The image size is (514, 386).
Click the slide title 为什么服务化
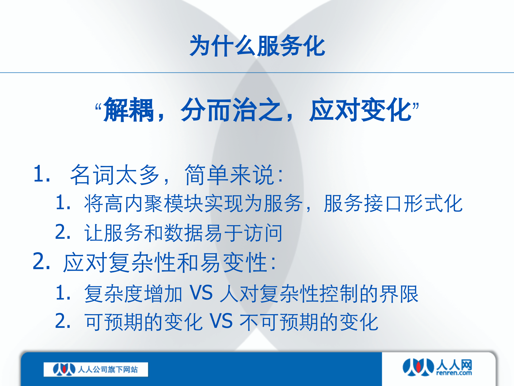pyautogui.click(x=257, y=46)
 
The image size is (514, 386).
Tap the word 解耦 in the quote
pyautogui.click(x=128, y=110)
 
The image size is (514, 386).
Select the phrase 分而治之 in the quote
pyautogui.click(x=232, y=110)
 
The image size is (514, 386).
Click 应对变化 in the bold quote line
pyautogui.click(x=360, y=110)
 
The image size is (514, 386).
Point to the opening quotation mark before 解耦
pyautogui.click(x=98, y=107)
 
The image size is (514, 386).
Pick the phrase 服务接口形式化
pyautogui.click(x=393, y=204)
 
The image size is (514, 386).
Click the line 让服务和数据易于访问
pyautogui.click(x=183, y=233)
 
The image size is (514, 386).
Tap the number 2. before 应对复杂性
pyautogui.click(x=41, y=262)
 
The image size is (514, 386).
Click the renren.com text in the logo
pyautogui.click(x=454, y=373)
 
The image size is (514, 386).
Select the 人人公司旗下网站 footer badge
pyautogui.click(x=96, y=369)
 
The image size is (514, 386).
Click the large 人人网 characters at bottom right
pyautogui.click(x=454, y=365)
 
